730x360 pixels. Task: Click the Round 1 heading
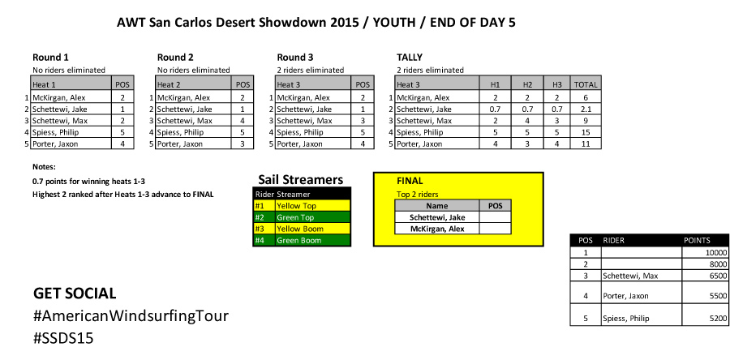(50, 58)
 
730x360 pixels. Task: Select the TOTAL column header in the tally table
(586, 85)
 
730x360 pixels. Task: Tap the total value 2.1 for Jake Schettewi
(586, 109)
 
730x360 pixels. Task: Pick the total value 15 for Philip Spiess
(586, 132)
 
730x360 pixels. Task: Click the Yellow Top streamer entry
(295, 206)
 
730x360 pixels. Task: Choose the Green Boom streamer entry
(298, 241)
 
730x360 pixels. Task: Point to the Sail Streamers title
(301, 179)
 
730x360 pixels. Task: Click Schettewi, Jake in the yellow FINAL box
(437, 217)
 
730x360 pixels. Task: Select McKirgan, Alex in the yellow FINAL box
(437, 229)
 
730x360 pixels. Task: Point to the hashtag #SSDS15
(63, 338)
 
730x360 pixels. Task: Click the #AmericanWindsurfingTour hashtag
(131, 316)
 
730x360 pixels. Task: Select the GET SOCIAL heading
(75, 294)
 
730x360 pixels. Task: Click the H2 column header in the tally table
(527, 85)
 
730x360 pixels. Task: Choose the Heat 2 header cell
(169, 85)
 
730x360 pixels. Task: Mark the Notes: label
(45, 166)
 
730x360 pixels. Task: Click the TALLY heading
(410, 58)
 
